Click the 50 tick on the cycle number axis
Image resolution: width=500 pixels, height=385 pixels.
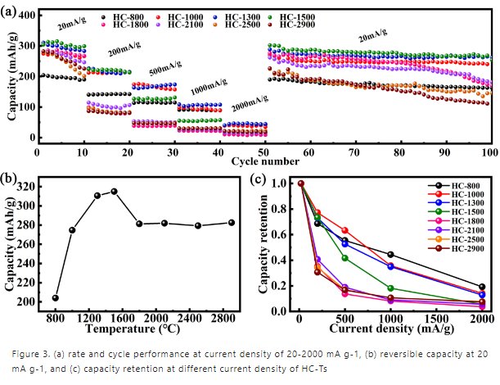264,151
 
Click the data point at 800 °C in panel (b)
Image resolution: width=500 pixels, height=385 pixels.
55,298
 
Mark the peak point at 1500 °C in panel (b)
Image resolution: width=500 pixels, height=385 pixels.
115,191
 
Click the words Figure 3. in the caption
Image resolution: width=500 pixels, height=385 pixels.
30,353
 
